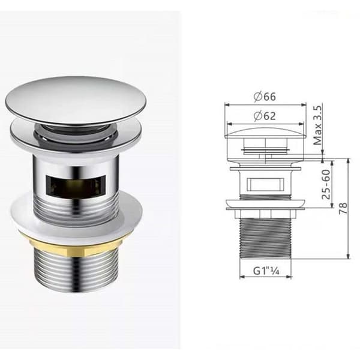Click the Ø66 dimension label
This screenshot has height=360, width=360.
point(265,97)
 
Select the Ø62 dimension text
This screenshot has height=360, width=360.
point(265,116)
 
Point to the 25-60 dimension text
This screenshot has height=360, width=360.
point(326,184)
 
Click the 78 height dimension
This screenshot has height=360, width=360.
point(343,208)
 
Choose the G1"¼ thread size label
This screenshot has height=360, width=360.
point(266,271)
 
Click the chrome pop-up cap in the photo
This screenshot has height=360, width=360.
point(76,100)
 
